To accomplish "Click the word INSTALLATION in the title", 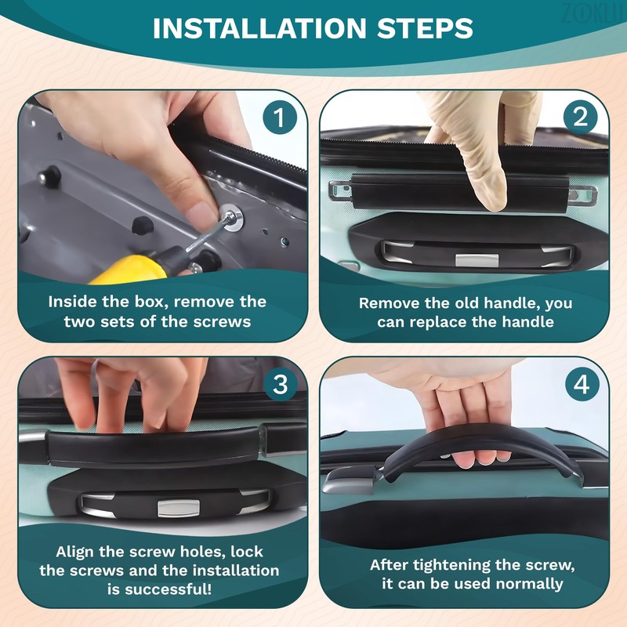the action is [260, 28].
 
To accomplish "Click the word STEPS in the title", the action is [425, 28].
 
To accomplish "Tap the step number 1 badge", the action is [280, 118].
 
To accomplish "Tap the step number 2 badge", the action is [580, 118].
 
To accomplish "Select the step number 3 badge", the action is [281, 384].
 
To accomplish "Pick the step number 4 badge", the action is [582, 384].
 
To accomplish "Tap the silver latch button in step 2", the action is [477, 260].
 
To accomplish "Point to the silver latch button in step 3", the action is [179, 508].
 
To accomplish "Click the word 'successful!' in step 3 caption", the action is [159, 589].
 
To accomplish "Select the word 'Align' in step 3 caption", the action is [75, 553].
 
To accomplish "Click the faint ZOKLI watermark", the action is [593, 13].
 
